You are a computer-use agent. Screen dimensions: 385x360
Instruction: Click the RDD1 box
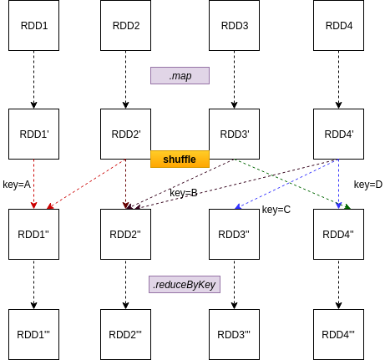pyautogui.click(x=33, y=25)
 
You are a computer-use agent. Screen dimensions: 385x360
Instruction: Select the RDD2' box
pyautogui.click(x=125, y=134)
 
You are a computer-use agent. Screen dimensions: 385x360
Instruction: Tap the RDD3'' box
pyautogui.click(x=234, y=234)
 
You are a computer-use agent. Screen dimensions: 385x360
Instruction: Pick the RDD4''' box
pyautogui.click(x=338, y=334)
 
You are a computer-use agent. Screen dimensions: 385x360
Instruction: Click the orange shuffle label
pyautogui.click(x=180, y=160)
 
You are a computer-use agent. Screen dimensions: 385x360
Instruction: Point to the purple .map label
pyautogui.click(x=180, y=75)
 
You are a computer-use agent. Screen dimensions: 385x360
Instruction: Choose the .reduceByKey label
pyautogui.click(x=185, y=284)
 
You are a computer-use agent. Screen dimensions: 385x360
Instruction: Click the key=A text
pyautogui.click(x=17, y=185)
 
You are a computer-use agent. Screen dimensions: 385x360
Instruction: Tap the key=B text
pyautogui.click(x=184, y=193)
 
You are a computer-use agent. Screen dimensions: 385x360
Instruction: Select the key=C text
pyautogui.click(x=276, y=210)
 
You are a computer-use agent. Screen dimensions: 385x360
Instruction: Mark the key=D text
pyautogui.click(x=368, y=185)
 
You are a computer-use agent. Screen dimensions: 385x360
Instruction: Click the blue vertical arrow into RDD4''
pyautogui.click(x=338, y=184)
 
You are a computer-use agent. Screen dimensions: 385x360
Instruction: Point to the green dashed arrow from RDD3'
pyautogui.click(x=292, y=184)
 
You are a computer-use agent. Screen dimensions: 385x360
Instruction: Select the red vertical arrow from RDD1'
pyautogui.click(x=33, y=184)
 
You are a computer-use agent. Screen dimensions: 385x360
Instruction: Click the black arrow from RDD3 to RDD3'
pyautogui.click(x=234, y=79)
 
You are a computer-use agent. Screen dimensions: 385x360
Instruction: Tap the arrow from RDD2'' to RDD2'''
pyautogui.click(x=125, y=284)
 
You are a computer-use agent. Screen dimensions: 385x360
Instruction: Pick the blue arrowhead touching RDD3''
pyautogui.click(x=238, y=206)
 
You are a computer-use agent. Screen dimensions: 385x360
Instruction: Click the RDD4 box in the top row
pyautogui.click(x=338, y=25)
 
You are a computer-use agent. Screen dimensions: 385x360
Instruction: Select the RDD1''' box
pyautogui.click(x=33, y=334)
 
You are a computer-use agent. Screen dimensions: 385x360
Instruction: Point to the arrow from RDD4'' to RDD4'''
pyautogui.click(x=338, y=284)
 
